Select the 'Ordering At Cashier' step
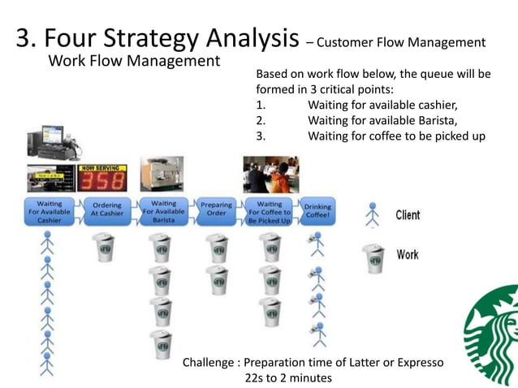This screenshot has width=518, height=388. [106, 213]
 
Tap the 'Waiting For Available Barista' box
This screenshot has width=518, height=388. [163, 213]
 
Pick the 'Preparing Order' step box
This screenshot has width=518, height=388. [216, 213]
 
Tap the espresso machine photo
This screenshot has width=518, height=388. [162, 174]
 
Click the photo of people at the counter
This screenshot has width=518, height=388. [270, 174]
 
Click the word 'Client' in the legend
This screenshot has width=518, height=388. [408, 215]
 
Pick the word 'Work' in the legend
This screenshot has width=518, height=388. [408, 255]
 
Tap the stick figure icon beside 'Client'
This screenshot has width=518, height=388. [373, 214]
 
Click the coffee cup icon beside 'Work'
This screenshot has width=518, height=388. [373, 258]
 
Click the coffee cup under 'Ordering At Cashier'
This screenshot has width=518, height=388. [104, 247]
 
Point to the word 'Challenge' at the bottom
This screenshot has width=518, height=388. [209, 362]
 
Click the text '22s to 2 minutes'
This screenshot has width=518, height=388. [288, 377]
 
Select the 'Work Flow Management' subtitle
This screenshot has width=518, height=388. [134, 61]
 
